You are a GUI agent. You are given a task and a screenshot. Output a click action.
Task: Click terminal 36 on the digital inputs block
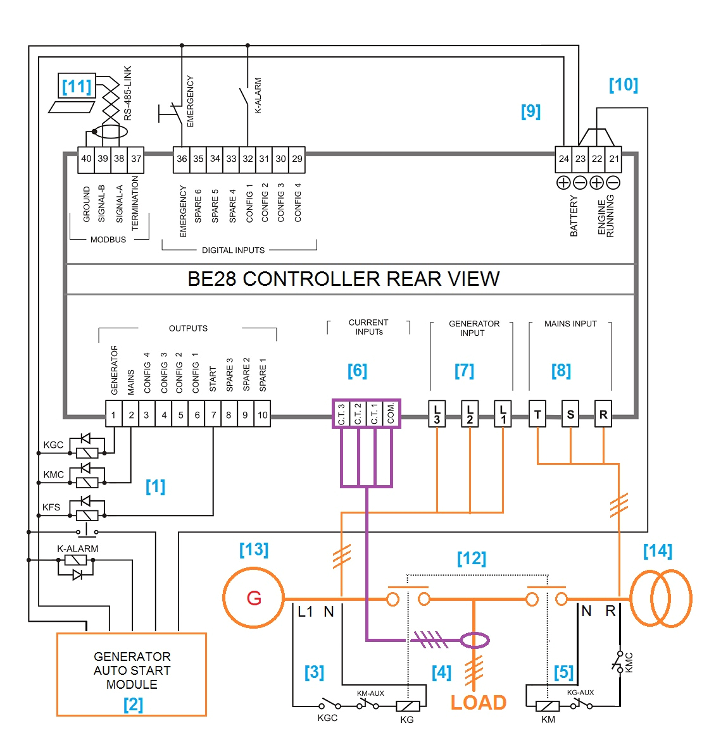182,159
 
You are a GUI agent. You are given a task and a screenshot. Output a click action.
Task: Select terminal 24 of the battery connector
563,159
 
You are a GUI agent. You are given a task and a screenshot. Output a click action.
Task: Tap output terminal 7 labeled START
213,415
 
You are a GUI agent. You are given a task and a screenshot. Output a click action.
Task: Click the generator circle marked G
254,598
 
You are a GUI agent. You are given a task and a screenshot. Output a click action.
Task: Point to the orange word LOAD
479,703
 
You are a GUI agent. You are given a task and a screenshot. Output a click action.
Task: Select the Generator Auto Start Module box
132,674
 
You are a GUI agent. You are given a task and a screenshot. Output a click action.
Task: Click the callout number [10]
623,85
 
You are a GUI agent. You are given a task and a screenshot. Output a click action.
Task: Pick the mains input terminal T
537,415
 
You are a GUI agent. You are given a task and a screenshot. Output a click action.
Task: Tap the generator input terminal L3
437,415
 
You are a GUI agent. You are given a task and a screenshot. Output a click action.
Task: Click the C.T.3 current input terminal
341,414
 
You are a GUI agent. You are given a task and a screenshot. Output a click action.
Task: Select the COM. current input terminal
391,414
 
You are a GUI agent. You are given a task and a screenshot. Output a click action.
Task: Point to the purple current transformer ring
475,641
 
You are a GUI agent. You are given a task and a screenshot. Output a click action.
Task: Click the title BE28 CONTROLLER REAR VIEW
344,279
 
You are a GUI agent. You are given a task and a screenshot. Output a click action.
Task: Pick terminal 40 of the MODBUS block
86,159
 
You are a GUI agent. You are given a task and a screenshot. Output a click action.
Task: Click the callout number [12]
472,558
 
